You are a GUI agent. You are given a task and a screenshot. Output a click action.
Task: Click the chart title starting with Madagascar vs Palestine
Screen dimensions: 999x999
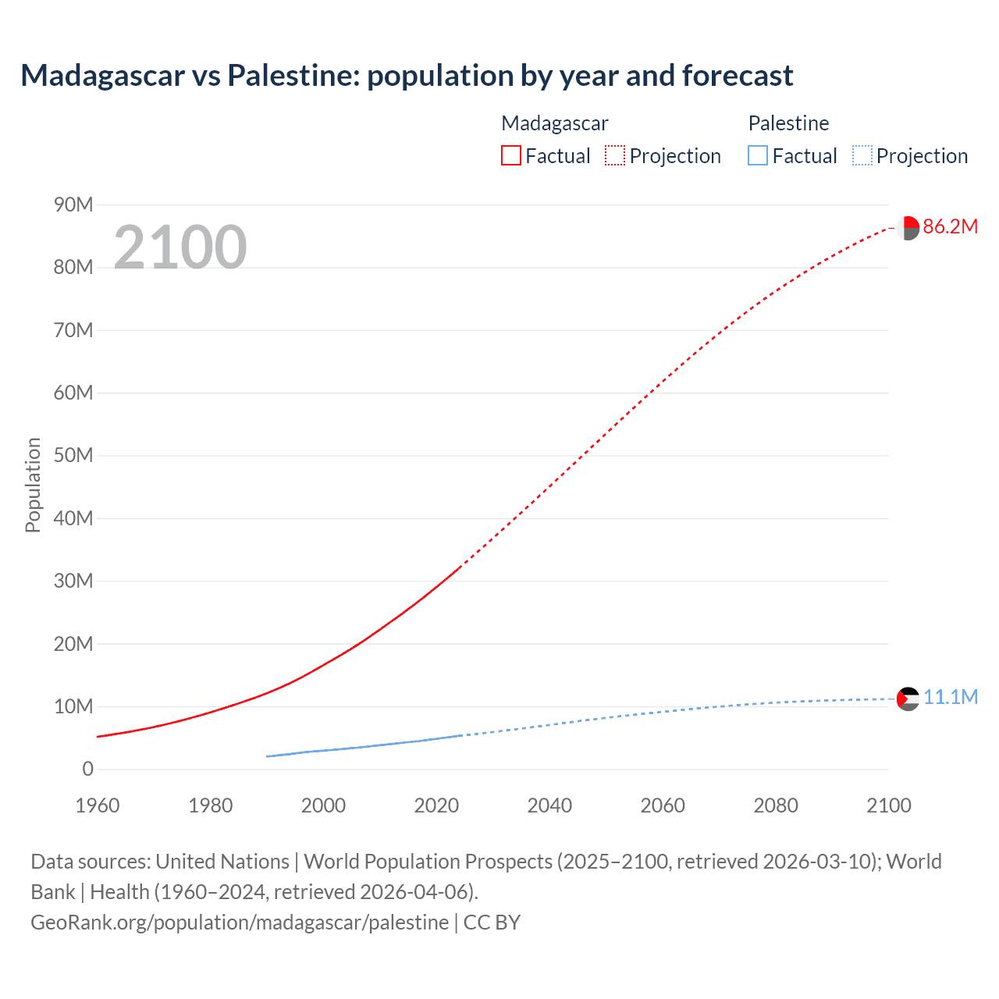407,76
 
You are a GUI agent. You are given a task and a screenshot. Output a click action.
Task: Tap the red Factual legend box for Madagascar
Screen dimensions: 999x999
510,156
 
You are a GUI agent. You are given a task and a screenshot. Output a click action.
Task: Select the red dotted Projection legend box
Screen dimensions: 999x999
615,156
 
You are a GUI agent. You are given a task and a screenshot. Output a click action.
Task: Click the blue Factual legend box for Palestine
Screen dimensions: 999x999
758,156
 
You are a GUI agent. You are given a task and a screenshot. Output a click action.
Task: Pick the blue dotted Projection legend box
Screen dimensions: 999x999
862,156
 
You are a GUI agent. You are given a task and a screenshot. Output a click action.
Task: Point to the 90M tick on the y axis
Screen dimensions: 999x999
73,204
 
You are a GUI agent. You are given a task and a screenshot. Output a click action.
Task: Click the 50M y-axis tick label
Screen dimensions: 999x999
73,456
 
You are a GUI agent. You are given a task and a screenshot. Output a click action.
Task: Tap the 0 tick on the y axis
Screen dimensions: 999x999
87,770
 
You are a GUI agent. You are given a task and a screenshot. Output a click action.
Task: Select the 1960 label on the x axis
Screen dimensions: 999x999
98,805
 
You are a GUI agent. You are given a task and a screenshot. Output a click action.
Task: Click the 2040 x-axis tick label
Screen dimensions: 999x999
549,805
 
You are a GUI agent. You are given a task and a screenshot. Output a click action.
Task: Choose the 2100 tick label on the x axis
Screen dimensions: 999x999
888,805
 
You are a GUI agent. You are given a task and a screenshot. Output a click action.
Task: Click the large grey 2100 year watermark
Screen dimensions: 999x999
180,247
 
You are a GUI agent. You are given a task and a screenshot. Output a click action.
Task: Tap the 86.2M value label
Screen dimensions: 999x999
950,227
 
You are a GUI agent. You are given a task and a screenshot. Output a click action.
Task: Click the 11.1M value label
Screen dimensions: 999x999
950,698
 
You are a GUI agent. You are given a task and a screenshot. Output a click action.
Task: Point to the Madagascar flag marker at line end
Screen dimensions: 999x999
908,228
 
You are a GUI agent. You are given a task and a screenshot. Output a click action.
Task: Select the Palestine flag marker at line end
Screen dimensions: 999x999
908,699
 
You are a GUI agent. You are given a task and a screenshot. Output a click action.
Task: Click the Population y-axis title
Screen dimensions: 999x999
33,485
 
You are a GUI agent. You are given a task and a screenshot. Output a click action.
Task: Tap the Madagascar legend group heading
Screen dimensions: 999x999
554,123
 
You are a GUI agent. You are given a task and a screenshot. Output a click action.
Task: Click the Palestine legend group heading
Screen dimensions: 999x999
788,123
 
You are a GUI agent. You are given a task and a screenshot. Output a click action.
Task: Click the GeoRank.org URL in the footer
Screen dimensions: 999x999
240,923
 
